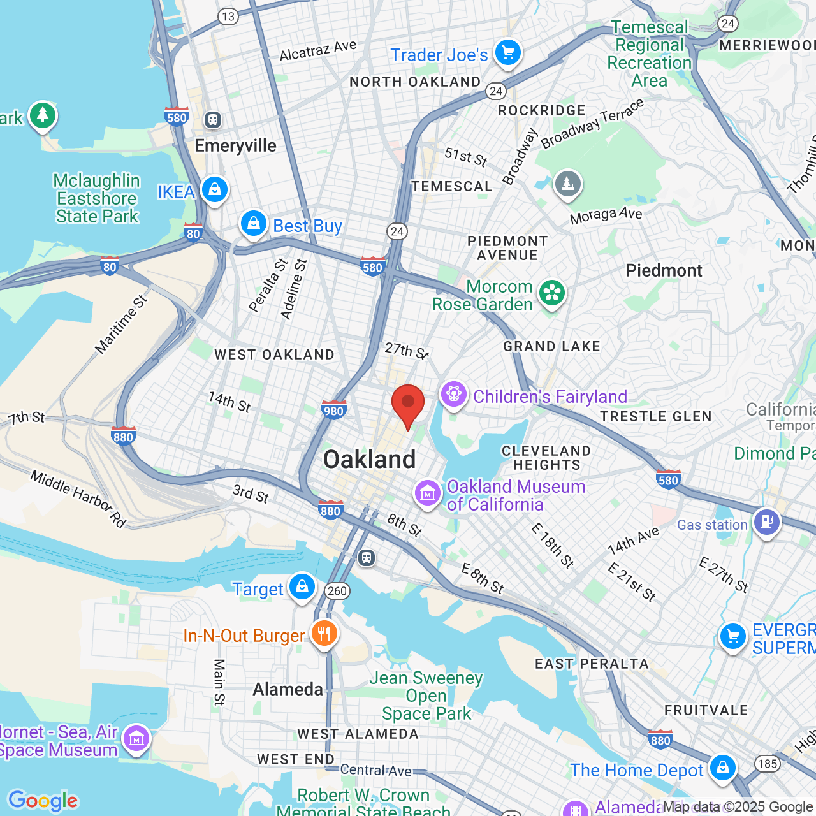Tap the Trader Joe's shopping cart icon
(508, 53)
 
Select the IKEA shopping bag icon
(215, 190)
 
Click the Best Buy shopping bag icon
(254, 224)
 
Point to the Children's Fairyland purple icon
(453, 395)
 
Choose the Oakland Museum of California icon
(427, 493)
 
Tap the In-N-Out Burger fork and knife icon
(324, 634)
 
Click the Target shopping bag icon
(302, 586)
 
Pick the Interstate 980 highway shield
(333, 410)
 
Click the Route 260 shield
(337, 591)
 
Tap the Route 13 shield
(228, 17)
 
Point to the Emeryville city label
(235, 145)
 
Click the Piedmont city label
(664, 270)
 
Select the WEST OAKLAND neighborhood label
(274, 354)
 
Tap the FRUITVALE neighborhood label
(706, 710)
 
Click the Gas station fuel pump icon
(766, 523)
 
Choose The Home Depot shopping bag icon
(722, 768)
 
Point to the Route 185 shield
(768, 763)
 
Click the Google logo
(43, 800)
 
